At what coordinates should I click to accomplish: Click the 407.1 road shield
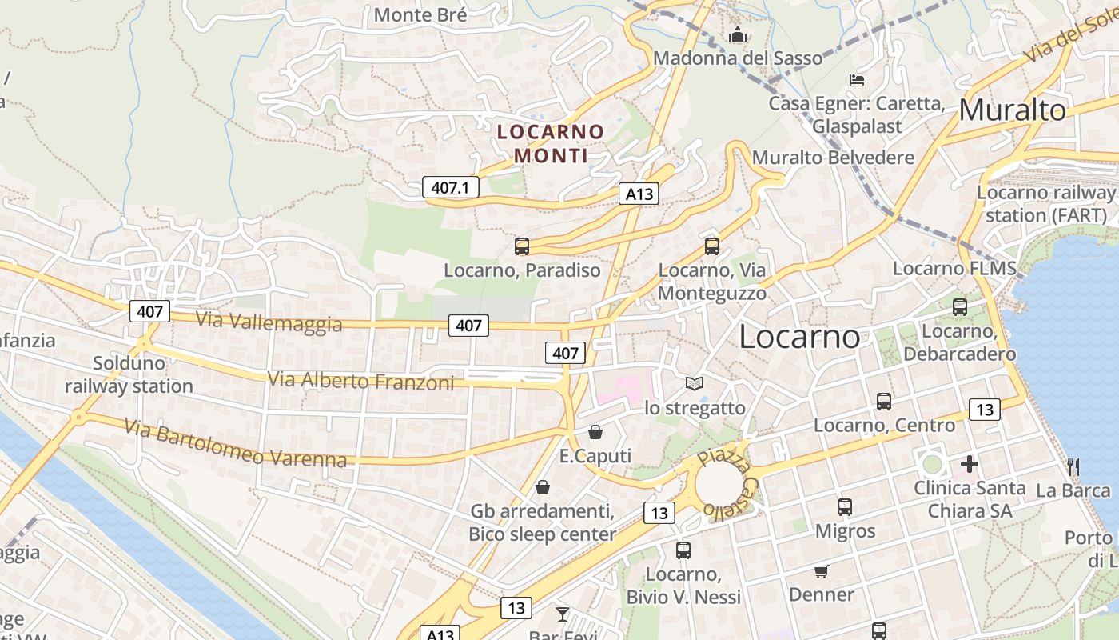pos(450,187)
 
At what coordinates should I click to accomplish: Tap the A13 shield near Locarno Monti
pos(639,193)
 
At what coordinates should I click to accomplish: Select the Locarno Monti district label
pos(551,142)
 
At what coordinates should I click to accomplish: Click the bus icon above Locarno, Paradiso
pos(522,246)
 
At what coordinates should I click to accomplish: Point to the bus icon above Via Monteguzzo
pos(712,246)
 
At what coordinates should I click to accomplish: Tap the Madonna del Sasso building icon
pos(737,34)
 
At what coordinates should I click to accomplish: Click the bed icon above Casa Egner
pos(857,79)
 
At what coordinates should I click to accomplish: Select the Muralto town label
pos(1012,110)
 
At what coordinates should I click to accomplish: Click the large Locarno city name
pos(799,336)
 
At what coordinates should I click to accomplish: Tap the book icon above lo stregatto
pos(695,384)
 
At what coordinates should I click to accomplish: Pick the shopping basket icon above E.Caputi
pos(595,433)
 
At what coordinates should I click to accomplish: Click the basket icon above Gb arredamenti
pos(543,487)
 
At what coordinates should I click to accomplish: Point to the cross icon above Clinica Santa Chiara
pos(970,463)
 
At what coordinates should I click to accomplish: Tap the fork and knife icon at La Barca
pos(1073,466)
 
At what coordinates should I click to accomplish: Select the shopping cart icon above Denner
pos(821,571)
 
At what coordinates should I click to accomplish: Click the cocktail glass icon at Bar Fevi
pos(563,614)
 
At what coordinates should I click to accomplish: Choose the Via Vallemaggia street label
pos(269,321)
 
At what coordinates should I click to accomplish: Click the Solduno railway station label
pos(129,374)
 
